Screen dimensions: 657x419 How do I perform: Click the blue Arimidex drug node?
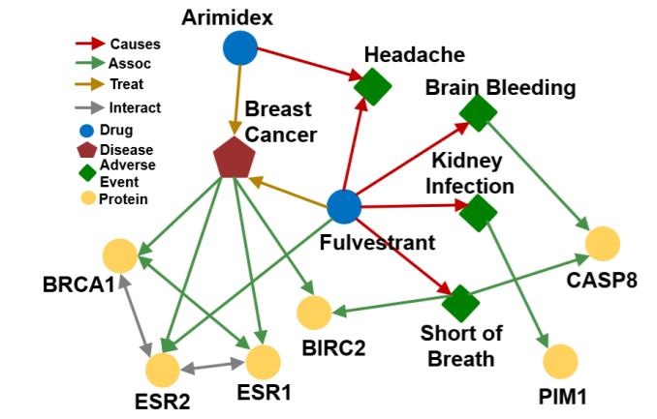(x=240, y=47)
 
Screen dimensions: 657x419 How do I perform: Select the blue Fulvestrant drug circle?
(x=344, y=206)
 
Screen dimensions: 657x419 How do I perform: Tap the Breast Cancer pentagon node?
(x=234, y=158)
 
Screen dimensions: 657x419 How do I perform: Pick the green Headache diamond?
(x=372, y=87)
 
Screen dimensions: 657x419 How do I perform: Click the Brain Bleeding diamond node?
(x=478, y=113)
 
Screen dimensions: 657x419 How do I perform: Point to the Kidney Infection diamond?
(x=478, y=213)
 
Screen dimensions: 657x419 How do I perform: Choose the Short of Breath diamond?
(x=460, y=304)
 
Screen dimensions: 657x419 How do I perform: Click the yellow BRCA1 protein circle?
(x=120, y=255)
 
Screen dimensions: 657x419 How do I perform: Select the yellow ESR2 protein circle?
(x=163, y=370)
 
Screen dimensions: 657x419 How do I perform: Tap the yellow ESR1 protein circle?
(x=264, y=363)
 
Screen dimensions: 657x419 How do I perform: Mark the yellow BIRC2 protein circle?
(x=314, y=313)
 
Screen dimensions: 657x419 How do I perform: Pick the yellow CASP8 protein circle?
(x=603, y=244)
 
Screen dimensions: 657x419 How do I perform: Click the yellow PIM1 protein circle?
(x=560, y=362)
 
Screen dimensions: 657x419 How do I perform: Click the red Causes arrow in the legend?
(x=90, y=44)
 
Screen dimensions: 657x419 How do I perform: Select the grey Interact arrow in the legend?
(x=90, y=107)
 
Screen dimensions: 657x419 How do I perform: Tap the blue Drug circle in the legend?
(x=87, y=131)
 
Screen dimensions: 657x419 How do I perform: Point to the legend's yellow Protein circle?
(x=88, y=198)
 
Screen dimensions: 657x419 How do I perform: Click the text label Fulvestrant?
(x=377, y=243)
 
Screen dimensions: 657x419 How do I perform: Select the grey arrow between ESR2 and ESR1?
(x=213, y=366)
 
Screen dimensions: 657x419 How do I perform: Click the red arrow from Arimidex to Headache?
(x=310, y=64)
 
